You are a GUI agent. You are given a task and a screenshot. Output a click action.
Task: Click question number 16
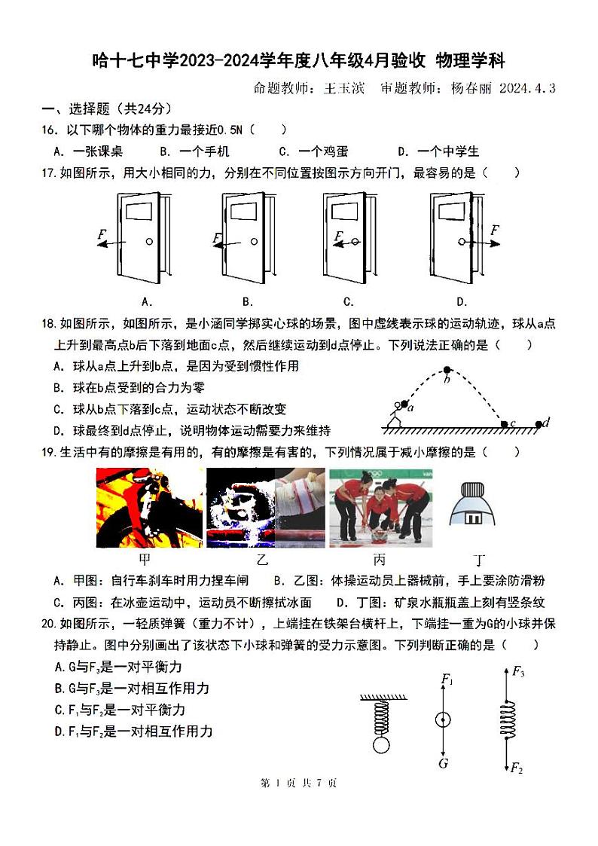pyautogui.click(x=49, y=130)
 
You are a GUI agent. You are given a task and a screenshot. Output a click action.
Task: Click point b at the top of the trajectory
pyautogui.click(x=447, y=369)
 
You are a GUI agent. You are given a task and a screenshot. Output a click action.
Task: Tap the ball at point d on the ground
pyautogui.click(x=538, y=424)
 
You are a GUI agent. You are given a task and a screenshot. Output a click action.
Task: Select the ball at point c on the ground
pyautogui.click(x=505, y=425)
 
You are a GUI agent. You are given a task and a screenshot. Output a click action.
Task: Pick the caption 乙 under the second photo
pyautogui.click(x=262, y=560)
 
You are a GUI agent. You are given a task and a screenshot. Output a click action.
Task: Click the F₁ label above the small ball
pyautogui.click(x=447, y=682)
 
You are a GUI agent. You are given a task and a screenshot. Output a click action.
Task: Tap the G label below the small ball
pyautogui.click(x=443, y=763)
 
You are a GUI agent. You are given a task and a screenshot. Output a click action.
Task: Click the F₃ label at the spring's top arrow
pyautogui.click(x=517, y=671)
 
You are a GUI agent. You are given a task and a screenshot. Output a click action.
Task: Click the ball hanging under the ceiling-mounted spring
pyautogui.click(x=381, y=745)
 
